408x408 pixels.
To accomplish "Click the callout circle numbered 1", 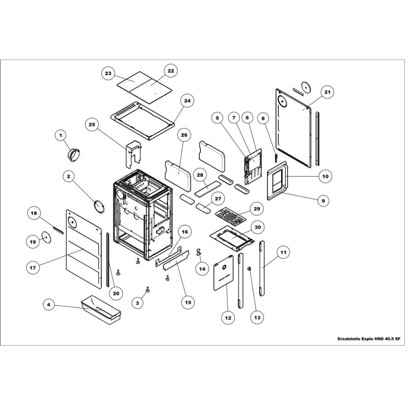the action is pos(61,135).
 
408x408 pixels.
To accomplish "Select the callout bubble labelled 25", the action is pos(92,124).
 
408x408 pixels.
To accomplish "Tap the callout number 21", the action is pos(327,92).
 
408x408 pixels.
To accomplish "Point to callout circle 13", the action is pos(257,317).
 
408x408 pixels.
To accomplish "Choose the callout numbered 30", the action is pos(257,227).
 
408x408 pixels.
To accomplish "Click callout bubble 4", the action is pos(49,305).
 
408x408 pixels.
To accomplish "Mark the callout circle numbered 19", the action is pos(33,242).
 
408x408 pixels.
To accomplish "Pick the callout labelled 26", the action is pos(184,135).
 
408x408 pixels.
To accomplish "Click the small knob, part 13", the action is pos(249,269).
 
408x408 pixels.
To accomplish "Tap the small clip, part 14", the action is pos(200,252).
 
